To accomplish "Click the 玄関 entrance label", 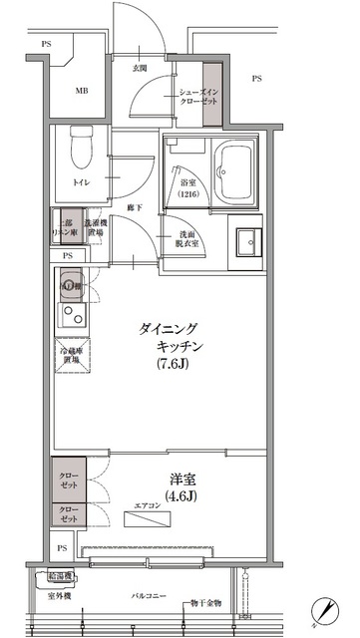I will [x=140, y=68].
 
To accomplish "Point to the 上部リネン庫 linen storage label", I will [x=65, y=225].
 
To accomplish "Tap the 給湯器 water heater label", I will [x=61, y=575].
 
